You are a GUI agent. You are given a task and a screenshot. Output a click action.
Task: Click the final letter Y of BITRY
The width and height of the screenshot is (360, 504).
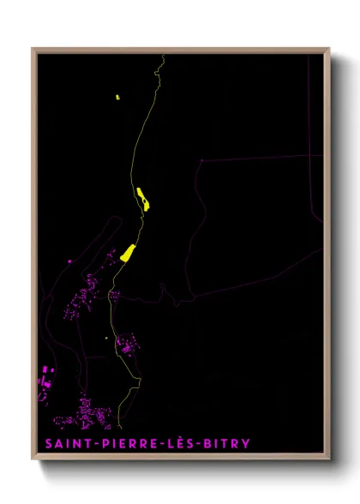(x=247, y=444)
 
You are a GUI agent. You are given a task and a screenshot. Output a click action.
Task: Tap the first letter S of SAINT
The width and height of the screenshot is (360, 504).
(x=45, y=444)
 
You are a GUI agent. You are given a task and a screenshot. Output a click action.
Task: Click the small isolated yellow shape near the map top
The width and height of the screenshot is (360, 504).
(x=117, y=97)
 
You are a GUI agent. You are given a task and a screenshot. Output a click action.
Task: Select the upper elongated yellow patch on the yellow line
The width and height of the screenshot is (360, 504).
(x=142, y=199)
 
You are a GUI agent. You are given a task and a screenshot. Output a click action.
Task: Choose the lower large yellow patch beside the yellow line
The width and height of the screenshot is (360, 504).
(x=129, y=253)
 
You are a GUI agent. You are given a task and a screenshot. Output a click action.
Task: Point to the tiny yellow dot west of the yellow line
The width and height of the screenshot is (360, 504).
(x=106, y=338)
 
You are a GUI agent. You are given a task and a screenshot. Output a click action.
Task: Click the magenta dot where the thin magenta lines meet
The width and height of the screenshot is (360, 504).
(x=201, y=160)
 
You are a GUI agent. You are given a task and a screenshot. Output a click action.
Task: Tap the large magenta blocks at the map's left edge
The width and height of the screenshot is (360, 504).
(x=45, y=377)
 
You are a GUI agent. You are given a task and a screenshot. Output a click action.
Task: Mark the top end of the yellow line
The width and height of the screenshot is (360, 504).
(x=163, y=56)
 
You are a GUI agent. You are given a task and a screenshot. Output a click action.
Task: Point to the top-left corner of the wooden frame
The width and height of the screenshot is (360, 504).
(x=33, y=49)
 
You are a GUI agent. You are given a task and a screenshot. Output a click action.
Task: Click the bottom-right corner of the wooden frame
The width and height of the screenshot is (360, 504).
(x=329, y=459)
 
